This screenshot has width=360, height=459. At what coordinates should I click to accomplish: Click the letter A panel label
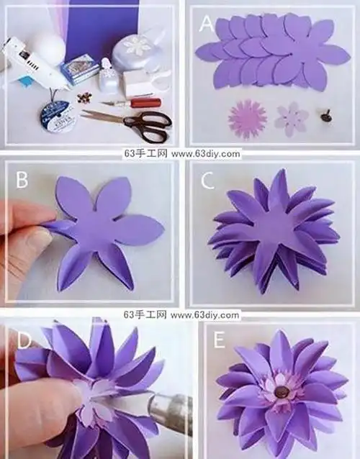(207, 24)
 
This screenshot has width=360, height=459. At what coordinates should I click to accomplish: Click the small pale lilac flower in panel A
(291, 117)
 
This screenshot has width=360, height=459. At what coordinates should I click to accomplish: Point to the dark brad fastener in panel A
(323, 115)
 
